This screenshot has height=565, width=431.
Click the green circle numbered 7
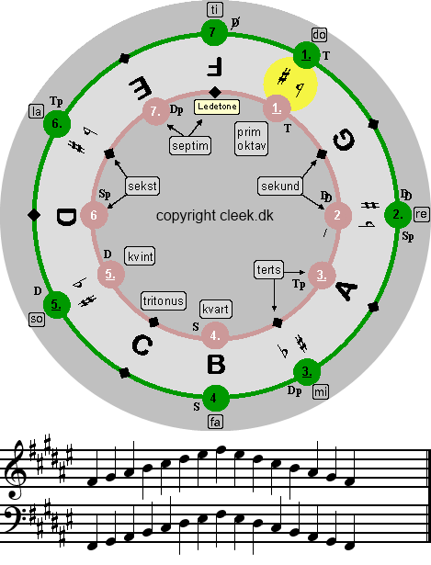(x=213, y=33)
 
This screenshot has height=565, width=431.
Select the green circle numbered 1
(x=306, y=55)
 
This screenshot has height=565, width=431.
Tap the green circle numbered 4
(x=215, y=398)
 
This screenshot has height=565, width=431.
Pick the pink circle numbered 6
(x=94, y=215)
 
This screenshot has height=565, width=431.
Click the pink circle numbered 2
(x=337, y=215)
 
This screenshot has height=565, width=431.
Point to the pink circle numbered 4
(x=215, y=335)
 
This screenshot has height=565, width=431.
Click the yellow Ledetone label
(x=217, y=107)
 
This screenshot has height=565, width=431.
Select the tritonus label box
(x=164, y=300)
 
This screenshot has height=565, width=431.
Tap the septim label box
(x=190, y=145)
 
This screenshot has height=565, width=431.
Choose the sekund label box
(x=280, y=186)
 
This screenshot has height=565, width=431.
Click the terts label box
(x=269, y=269)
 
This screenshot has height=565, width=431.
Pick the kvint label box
(x=141, y=256)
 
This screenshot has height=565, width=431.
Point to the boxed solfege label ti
(x=215, y=9)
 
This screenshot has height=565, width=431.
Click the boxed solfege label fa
(x=215, y=422)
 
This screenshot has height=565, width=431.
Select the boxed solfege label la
(x=37, y=111)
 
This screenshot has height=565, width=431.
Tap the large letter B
(x=216, y=365)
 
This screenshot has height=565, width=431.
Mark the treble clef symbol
(x=17, y=469)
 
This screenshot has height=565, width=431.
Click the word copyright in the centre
(x=186, y=216)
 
